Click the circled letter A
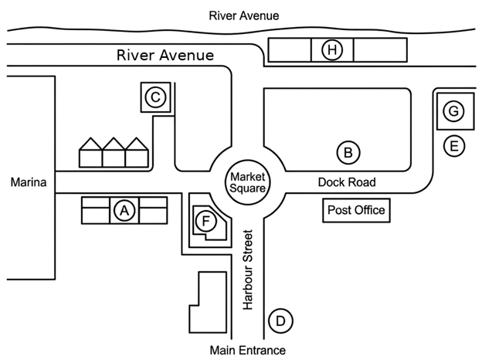click(x=124, y=211)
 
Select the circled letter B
click(x=348, y=152)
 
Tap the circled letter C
click(x=155, y=97)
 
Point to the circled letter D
click(x=280, y=321)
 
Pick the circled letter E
click(x=454, y=146)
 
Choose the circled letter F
click(x=206, y=221)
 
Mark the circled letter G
click(x=453, y=111)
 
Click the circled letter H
click(x=332, y=49)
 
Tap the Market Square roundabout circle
click(x=247, y=160)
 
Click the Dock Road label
click(x=347, y=182)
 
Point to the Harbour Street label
click(x=248, y=270)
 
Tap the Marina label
click(x=29, y=182)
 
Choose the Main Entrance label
click(x=247, y=350)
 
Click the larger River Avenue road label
click(x=165, y=56)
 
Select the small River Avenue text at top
click(x=244, y=15)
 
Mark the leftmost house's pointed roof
click(x=90, y=144)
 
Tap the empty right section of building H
click(x=380, y=49)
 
